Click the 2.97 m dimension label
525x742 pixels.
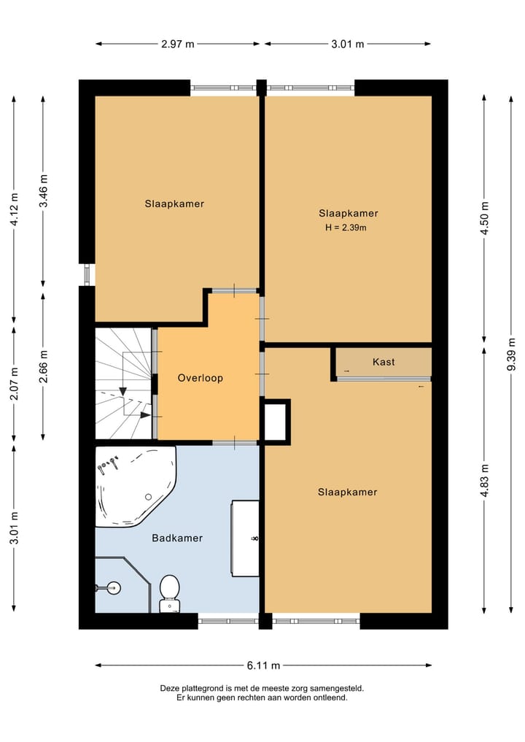pyautogui.click(x=177, y=44)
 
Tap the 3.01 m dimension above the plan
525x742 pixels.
pyautogui.click(x=348, y=44)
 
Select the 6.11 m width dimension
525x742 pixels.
pyautogui.click(x=263, y=665)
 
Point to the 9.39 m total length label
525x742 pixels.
pyautogui.click(x=511, y=355)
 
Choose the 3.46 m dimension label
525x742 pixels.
pyautogui.click(x=44, y=191)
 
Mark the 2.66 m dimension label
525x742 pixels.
pyautogui.click(x=44, y=367)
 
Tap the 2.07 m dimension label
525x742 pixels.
pyautogui.click(x=14, y=384)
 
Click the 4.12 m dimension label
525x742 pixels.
pyautogui.click(x=14, y=209)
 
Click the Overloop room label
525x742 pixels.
pyautogui.click(x=200, y=378)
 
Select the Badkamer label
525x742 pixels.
pyautogui.click(x=177, y=538)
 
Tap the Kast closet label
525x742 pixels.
pyautogui.click(x=384, y=362)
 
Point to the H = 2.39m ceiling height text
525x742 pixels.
pyautogui.click(x=346, y=228)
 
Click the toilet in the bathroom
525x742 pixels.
pyautogui.click(x=169, y=593)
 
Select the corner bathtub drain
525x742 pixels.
pyautogui.click(x=149, y=497)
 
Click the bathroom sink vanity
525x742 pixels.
pyautogui.click(x=245, y=538)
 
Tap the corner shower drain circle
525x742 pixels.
pyautogui.click(x=114, y=588)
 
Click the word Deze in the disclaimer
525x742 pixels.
pyautogui.click(x=169, y=689)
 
